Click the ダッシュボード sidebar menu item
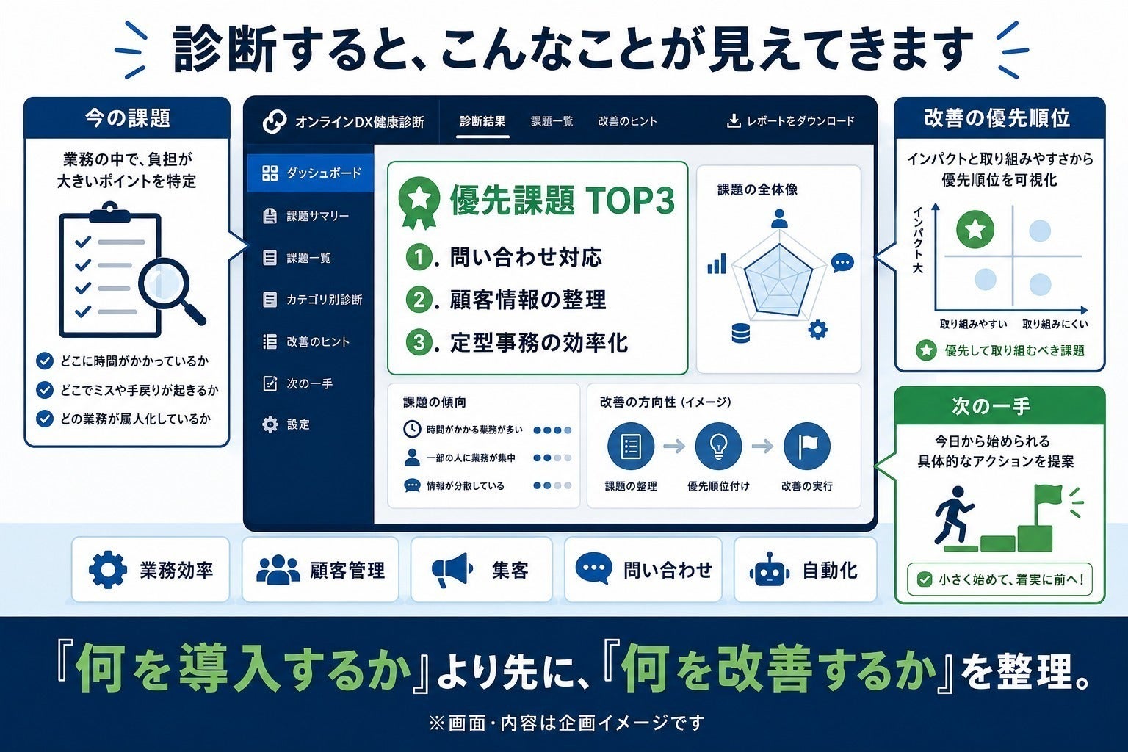pyautogui.click(x=311, y=173)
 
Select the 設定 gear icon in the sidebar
pyautogui.click(x=270, y=424)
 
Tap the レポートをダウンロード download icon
pyautogui.click(x=734, y=121)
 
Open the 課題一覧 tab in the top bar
pyautogui.click(x=552, y=121)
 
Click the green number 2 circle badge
pyautogui.click(x=419, y=300)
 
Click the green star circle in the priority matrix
pyautogui.click(x=975, y=230)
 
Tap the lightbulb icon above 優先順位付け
pyautogui.click(x=718, y=446)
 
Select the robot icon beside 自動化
pyautogui.click(x=770, y=570)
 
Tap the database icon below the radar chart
pyautogui.click(x=741, y=333)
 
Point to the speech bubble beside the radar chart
pyautogui.click(x=842, y=264)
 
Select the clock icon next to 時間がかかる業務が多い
pyautogui.click(x=412, y=429)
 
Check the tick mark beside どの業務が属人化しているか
pyautogui.click(x=45, y=419)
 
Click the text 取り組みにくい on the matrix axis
pyautogui.click(x=1055, y=325)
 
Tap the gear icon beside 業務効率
pyautogui.click(x=108, y=570)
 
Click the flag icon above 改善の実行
pyautogui.click(x=807, y=446)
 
